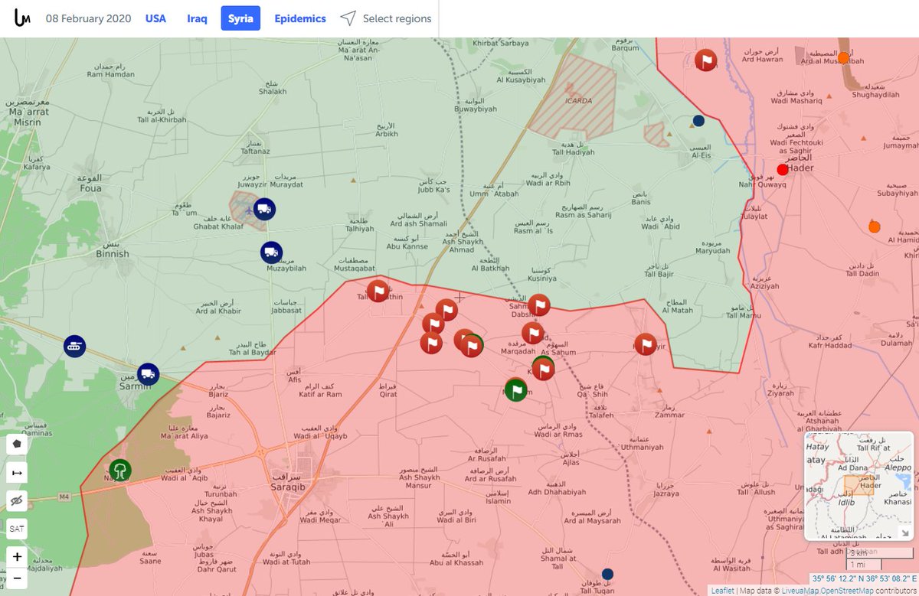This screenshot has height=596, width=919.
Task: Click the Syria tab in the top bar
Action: (240, 18)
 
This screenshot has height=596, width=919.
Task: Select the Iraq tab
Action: (197, 18)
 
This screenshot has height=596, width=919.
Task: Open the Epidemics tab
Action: (300, 18)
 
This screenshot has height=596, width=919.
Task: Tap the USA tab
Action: (155, 18)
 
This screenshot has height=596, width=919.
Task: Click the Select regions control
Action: (386, 18)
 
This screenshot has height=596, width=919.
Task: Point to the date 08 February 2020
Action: (88, 18)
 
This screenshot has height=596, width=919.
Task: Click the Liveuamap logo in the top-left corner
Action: (22, 18)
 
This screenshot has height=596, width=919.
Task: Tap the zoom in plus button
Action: (17, 555)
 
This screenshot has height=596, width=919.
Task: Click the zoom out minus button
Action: (17, 579)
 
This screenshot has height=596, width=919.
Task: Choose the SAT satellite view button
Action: (17, 528)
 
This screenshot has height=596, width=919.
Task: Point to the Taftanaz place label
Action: (255, 152)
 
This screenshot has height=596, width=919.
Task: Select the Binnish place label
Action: (113, 253)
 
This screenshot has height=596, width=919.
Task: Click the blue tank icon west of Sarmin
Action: (74, 346)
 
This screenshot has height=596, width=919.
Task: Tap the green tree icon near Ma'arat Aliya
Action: (119, 469)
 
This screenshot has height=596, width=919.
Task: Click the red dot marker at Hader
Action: (782, 170)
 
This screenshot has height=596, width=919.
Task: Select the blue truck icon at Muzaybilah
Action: (271, 252)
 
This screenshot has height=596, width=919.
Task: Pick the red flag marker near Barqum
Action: (705, 60)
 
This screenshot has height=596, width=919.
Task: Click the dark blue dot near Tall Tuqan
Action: (607, 574)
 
